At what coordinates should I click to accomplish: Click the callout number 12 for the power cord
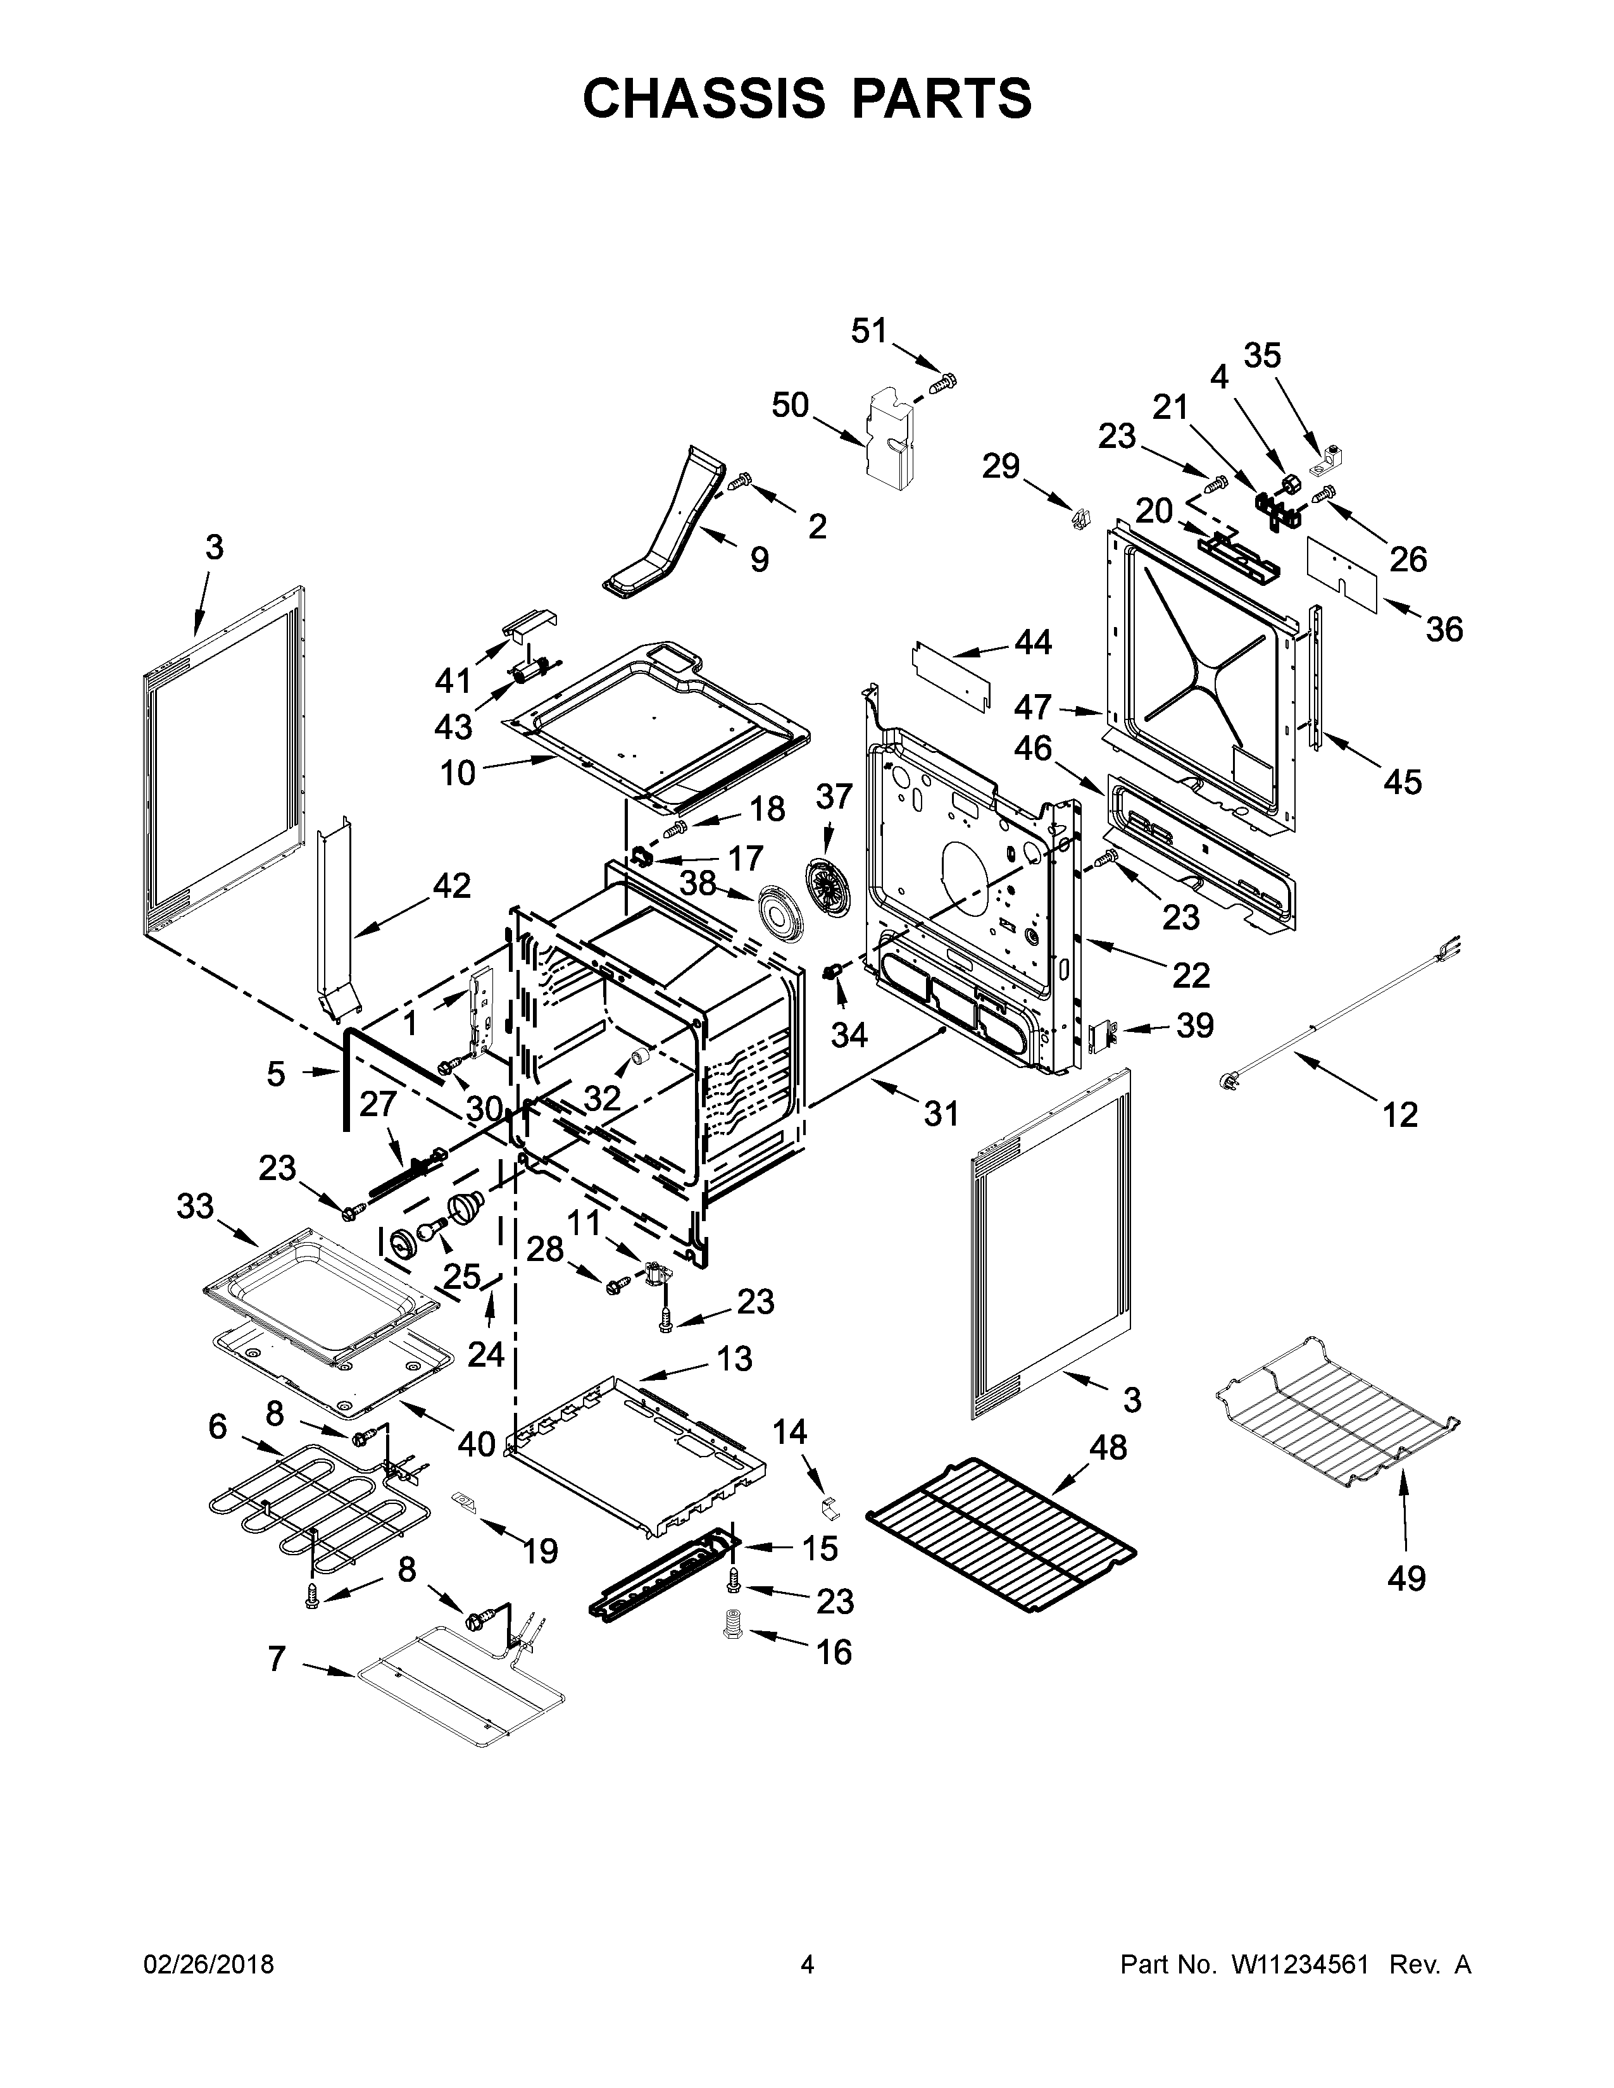[x=1400, y=1115]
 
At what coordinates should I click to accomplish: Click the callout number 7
[x=277, y=1659]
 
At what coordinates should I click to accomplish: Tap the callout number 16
[x=834, y=1652]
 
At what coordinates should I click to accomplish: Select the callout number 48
[x=1107, y=1448]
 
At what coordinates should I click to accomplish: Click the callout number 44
[x=1033, y=642]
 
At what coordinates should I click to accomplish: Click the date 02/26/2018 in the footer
[x=208, y=1965]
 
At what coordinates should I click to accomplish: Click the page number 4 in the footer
[x=807, y=1965]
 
